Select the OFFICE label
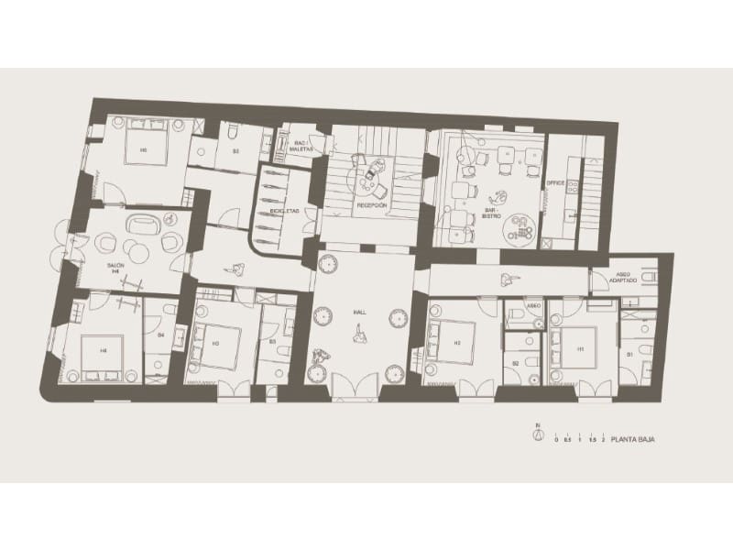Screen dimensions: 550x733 click(553, 183)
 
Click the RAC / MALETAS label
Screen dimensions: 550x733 click(300, 146)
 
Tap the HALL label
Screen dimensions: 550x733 click(360, 313)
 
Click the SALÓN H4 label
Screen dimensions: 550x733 click(115, 268)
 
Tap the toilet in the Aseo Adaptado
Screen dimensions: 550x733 click(648, 275)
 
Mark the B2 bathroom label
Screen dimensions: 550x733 click(516, 364)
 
